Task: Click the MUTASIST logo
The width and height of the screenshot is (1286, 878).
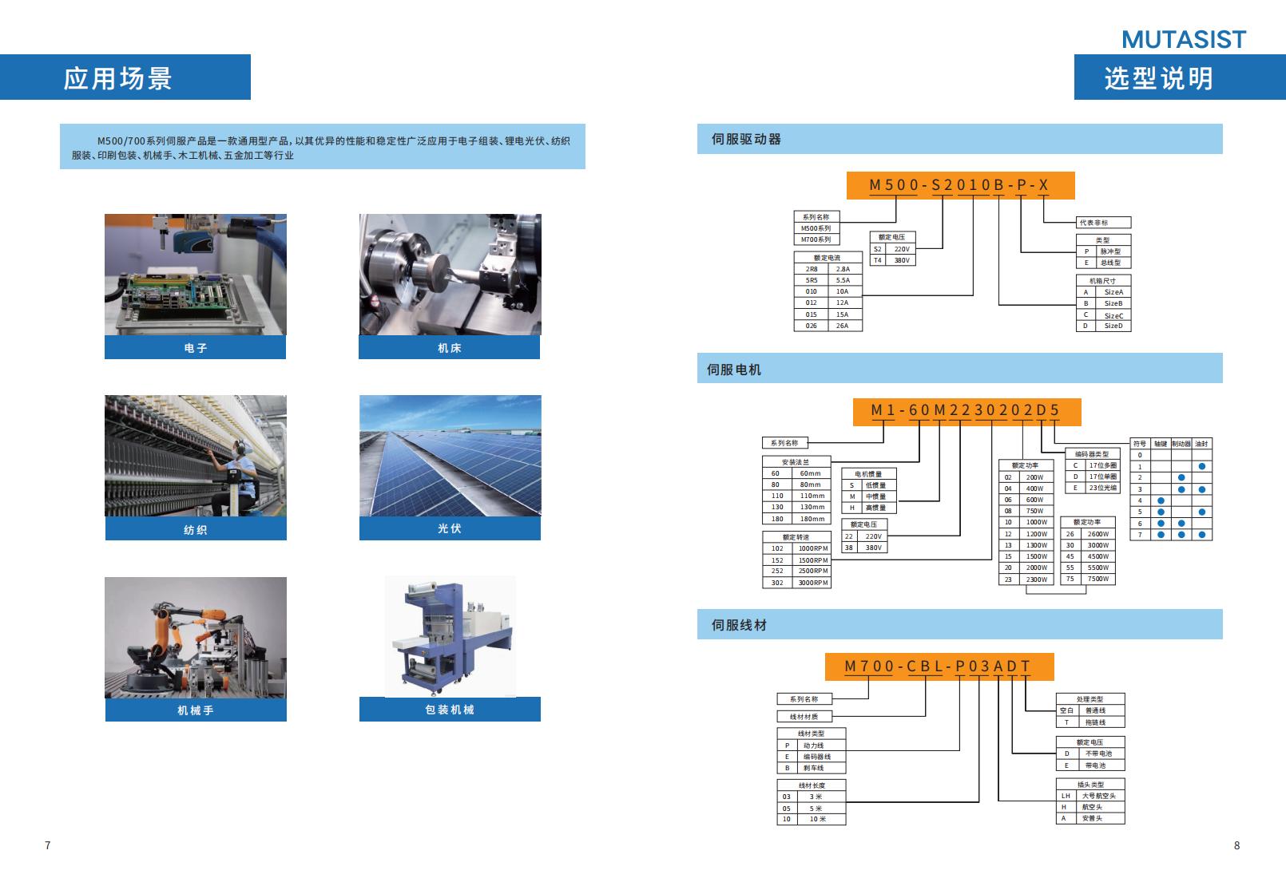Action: click(1183, 39)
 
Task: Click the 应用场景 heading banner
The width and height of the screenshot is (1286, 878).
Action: click(118, 78)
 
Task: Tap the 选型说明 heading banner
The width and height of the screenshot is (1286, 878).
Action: click(1158, 78)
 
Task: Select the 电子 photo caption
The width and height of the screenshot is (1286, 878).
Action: click(195, 348)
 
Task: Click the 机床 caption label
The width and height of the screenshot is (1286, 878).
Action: click(449, 348)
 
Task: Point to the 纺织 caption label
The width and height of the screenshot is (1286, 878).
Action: click(195, 529)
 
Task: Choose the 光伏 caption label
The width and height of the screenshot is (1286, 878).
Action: click(449, 528)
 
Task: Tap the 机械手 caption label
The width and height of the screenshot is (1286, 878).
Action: click(195, 710)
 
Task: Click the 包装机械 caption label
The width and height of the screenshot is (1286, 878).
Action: click(449, 710)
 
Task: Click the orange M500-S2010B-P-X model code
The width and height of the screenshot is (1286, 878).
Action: click(959, 185)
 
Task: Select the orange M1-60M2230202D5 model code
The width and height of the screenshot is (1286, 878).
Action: click(966, 410)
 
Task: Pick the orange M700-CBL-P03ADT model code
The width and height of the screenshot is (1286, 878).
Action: click(938, 666)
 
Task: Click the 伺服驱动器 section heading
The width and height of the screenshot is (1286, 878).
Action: click(746, 139)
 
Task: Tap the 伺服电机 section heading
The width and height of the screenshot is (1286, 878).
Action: click(734, 370)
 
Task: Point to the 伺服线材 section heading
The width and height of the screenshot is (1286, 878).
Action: click(739, 625)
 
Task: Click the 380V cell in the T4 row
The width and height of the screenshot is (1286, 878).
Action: click(902, 260)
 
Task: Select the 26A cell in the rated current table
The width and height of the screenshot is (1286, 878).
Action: click(842, 326)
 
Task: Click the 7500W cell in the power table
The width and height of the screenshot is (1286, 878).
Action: click(1097, 579)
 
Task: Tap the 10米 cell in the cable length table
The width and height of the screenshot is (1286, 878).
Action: click(818, 819)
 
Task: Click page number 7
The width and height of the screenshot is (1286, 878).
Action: click(48, 845)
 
